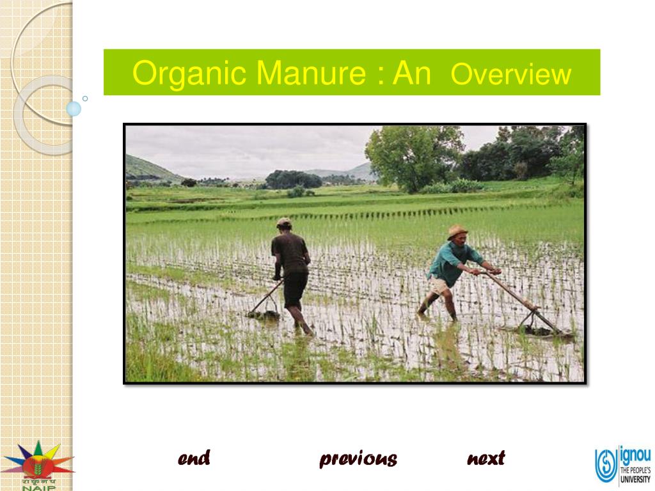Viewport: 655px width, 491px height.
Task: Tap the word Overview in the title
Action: click(510, 75)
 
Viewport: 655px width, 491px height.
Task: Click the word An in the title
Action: click(412, 74)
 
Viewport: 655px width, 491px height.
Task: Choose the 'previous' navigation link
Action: click(358, 458)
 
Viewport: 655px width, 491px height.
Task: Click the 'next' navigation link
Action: click(486, 458)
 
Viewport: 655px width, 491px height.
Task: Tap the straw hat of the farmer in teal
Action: click(457, 231)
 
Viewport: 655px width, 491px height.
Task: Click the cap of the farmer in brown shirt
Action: click(284, 222)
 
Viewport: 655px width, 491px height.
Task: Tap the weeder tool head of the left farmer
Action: click(264, 315)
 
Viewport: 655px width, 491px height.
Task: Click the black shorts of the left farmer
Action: click(295, 288)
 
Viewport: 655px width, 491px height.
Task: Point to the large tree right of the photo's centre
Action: click(413, 153)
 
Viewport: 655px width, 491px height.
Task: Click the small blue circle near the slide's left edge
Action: click(74, 109)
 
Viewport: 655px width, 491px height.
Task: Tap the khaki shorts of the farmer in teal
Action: click(439, 286)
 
